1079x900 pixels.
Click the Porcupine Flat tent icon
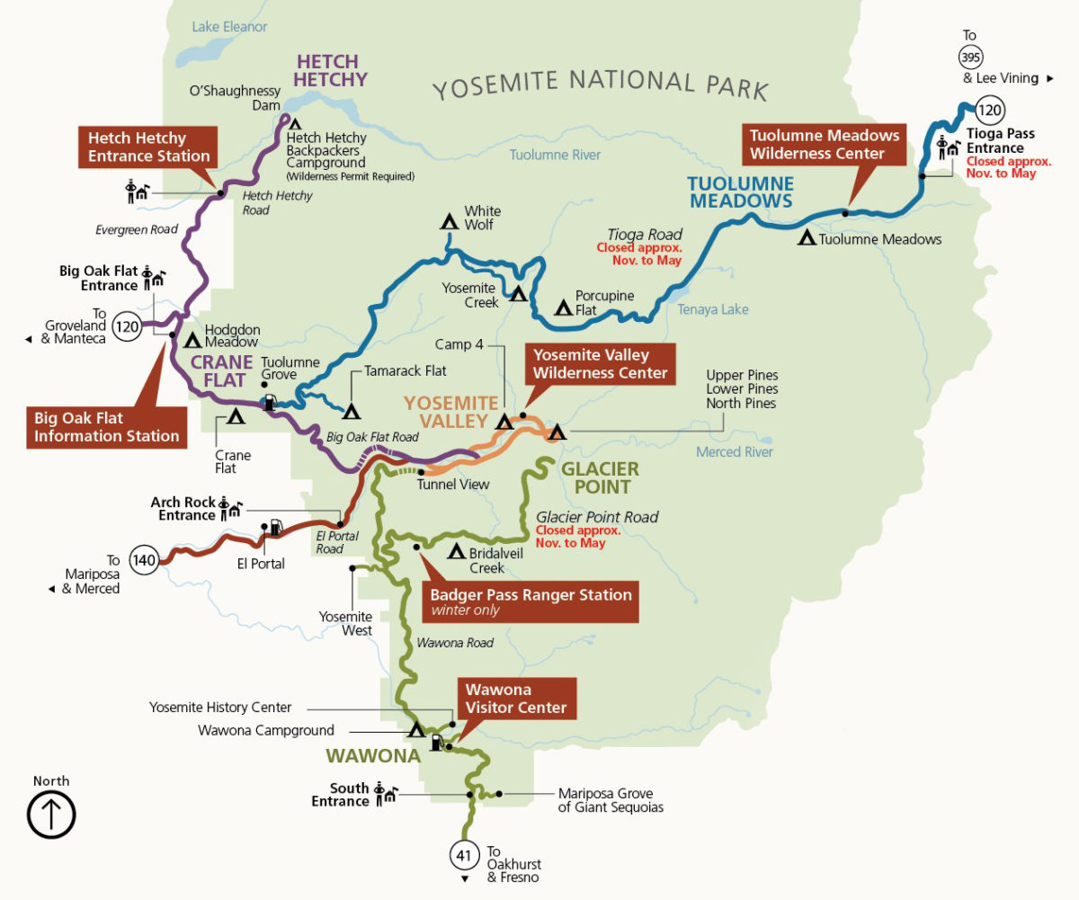coord(563,307)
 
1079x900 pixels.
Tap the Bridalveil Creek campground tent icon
coord(456,551)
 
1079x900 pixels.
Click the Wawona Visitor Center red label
coord(515,699)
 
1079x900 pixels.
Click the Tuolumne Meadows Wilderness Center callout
coord(825,144)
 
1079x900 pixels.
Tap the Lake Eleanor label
coord(229,27)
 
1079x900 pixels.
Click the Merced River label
coord(734,452)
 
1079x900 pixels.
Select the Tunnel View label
coord(453,485)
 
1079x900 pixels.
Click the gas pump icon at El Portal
coord(276,527)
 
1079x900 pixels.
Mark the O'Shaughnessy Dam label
coord(236,98)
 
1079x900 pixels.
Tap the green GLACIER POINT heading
coord(600,477)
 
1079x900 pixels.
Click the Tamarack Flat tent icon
coord(352,411)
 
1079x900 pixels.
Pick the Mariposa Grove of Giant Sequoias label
coord(611,800)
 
